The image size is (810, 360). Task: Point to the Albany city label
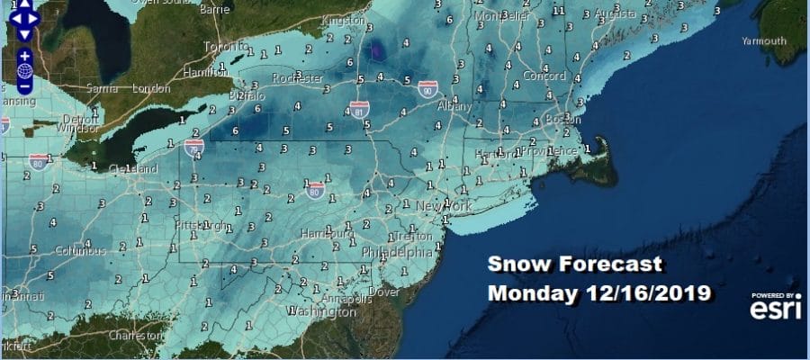tap(454, 106)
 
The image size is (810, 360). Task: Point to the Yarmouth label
tap(765, 40)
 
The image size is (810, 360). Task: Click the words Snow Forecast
tap(575, 265)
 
